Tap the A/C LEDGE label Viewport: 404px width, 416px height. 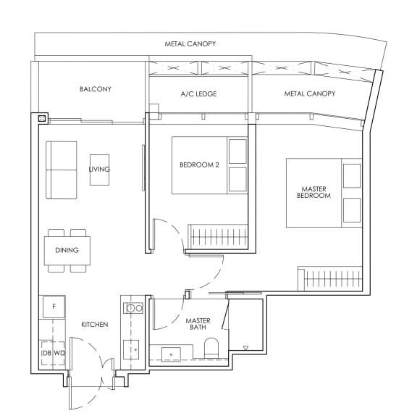pyautogui.click(x=198, y=94)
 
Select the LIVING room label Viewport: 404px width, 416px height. pyautogui.click(x=99, y=169)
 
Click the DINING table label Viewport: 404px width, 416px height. pyautogui.click(x=67, y=251)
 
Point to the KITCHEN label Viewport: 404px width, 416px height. pyautogui.click(x=94, y=325)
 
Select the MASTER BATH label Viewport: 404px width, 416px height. pyautogui.click(x=198, y=324)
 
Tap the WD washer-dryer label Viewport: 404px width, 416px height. pyautogui.click(x=59, y=353)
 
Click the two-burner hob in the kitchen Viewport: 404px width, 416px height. pyautogui.click(x=134, y=307)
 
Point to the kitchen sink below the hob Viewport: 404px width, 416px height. pyautogui.click(x=134, y=349)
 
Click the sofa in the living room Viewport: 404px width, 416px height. pyautogui.click(x=62, y=169)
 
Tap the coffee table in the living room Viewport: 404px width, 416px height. pyautogui.click(x=100, y=169)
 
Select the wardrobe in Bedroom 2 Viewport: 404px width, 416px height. pyautogui.click(x=219, y=236)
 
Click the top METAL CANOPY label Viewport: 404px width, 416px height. pyautogui.click(x=190, y=44)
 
